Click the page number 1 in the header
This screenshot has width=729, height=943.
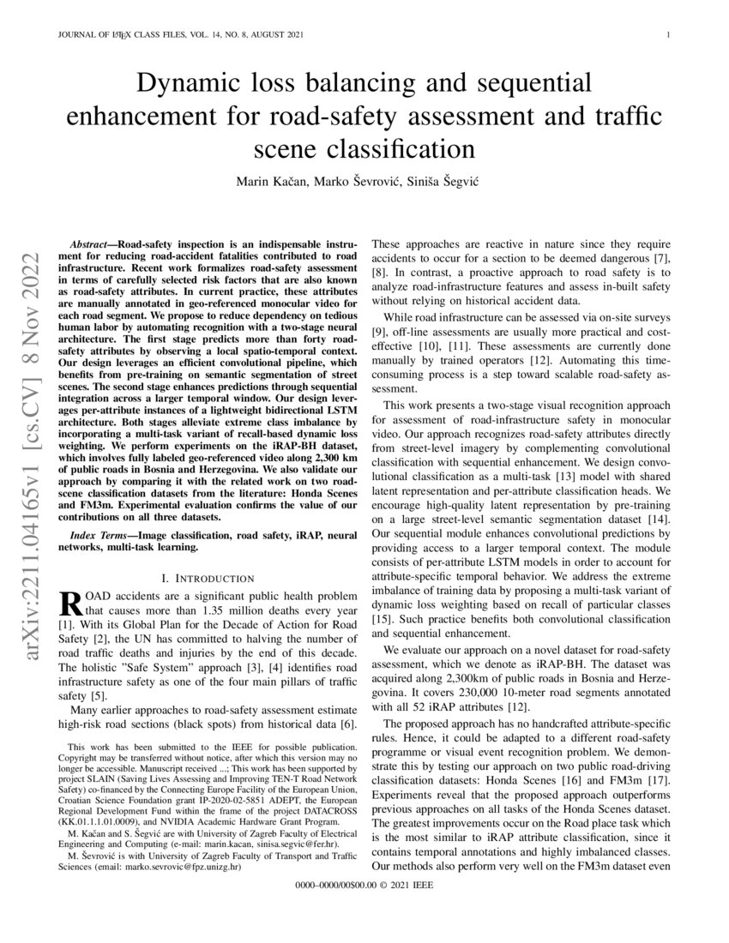tap(667, 35)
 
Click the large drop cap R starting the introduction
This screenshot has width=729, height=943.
tap(68, 603)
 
